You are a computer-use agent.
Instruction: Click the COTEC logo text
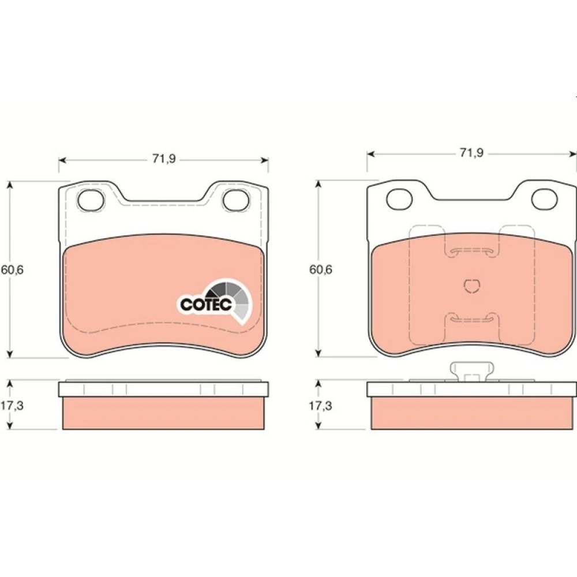(206, 304)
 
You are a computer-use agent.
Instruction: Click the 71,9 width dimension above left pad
(164, 159)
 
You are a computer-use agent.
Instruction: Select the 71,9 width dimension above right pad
(471, 153)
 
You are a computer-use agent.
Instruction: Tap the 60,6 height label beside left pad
(12, 269)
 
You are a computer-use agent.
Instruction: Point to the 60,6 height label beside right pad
(320, 269)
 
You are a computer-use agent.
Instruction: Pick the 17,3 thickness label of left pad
(12, 406)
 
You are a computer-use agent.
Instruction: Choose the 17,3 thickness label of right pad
(320, 406)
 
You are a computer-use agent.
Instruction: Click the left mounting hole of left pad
(91, 200)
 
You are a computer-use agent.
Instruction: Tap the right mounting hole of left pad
(236, 200)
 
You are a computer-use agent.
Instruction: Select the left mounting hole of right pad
(399, 199)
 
